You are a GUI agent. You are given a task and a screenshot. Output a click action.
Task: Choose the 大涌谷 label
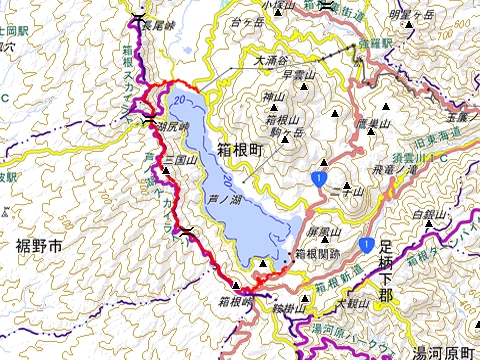tap(271, 61)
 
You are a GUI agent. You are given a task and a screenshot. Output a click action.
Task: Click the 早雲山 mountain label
tap(299, 73)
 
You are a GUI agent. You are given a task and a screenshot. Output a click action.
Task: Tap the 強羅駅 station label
tap(369, 44)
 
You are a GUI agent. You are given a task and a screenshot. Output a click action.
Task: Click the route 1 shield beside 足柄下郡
tap(368, 244)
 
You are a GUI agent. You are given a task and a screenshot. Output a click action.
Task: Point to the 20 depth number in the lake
tap(179, 101)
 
